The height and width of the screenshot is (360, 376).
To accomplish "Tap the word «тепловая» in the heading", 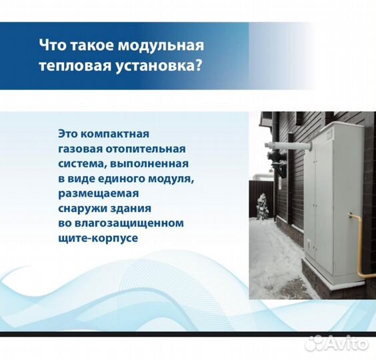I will click(70, 67).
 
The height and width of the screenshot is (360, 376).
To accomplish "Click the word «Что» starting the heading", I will click(53, 46).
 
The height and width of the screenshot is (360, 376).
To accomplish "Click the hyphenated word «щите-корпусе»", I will click(98, 237).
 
